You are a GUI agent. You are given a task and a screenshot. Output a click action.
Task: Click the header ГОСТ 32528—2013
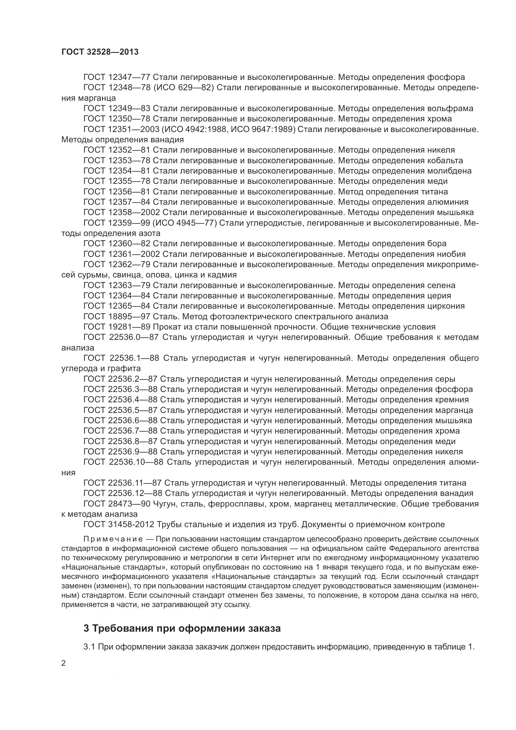(x=100, y=52)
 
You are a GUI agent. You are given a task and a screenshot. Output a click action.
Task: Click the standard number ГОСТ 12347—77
(x=117, y=77)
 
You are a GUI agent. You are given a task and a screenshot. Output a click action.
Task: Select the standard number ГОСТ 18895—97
(x=117, y=316)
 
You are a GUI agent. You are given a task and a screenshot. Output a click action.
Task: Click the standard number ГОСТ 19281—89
(x=117, y=327)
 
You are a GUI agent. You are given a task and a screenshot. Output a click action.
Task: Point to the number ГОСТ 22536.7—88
(x=120, y=431)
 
